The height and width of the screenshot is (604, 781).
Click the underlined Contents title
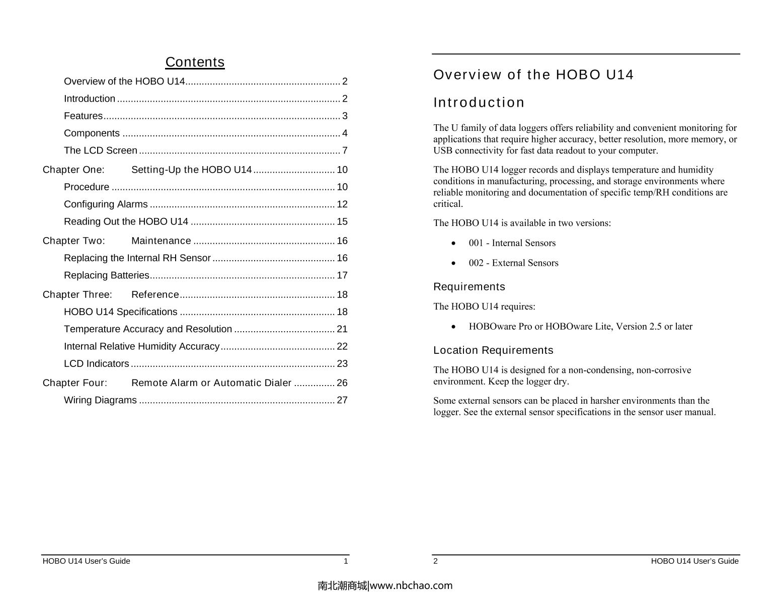coord(195,62)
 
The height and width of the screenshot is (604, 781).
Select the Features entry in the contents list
coord(83,116)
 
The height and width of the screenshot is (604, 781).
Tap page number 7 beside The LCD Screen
coord(345,150)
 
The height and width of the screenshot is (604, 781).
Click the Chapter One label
coord(73,170)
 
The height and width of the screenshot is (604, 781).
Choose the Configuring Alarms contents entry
coord(106,204)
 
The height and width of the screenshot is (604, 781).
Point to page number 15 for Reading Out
coord(342,221)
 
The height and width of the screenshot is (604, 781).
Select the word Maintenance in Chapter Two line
coord(161,241)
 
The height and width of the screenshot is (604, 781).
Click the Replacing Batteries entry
coord(106,275)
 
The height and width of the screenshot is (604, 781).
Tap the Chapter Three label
coord(77,294)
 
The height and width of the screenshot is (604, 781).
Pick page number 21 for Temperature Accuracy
coord(342,329)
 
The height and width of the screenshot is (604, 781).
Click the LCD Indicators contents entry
coord(96,363)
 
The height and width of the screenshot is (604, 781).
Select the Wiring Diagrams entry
coord(100,400)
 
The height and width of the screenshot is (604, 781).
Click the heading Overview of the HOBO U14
coord(533,75)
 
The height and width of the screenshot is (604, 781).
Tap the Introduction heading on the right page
coord(479,103)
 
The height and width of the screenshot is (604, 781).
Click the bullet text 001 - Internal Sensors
coord(512,243)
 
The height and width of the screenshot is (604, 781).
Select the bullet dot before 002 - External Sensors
coord(454,263)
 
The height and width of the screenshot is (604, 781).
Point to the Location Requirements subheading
coord(493,350)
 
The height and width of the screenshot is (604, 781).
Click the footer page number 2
coord(436,561)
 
